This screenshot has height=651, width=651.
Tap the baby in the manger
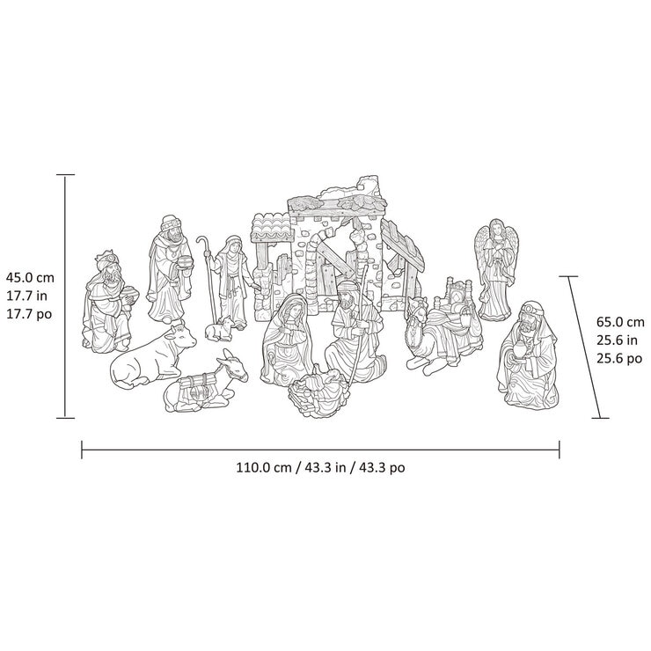click(x=318, y=388)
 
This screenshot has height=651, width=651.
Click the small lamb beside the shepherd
click(x=220, y=329)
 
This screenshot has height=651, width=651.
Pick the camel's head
click(x=415, y=311)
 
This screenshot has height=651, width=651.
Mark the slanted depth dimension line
click(x=581, y=347)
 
